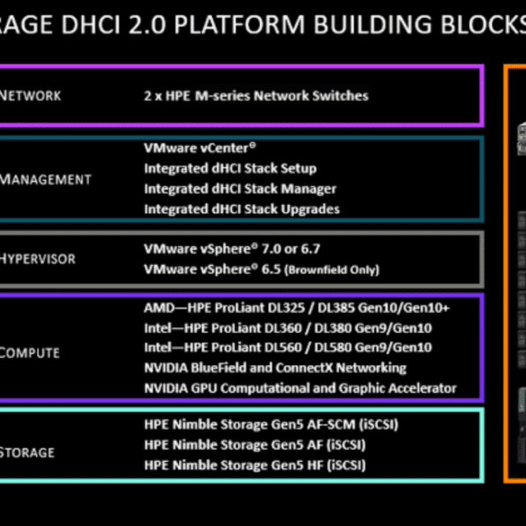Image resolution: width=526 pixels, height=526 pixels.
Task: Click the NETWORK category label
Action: point(31,96)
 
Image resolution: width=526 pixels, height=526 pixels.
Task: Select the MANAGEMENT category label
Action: point(45,180)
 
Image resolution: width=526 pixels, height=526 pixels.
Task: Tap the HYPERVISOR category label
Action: point(38,259)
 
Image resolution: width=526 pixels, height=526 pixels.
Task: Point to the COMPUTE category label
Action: point(30,352)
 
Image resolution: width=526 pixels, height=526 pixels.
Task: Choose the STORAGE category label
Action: point(27,452)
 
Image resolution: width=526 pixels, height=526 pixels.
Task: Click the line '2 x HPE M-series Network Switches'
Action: point(256,96)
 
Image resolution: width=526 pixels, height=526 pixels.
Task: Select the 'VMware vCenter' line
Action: point(200,148)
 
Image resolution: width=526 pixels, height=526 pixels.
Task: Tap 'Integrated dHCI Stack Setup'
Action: point(230,168)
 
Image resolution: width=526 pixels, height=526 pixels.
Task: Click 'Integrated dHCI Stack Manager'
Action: point(240,189)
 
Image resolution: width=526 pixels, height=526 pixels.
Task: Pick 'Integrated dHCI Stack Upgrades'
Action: point(242,210)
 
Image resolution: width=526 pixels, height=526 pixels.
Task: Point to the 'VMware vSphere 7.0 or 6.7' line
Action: point(232,249)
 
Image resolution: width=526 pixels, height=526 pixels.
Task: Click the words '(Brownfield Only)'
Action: point(332,270)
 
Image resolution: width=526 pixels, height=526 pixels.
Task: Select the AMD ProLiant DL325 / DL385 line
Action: point(297,308)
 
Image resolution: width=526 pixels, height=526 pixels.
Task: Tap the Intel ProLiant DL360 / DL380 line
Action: point(288,328)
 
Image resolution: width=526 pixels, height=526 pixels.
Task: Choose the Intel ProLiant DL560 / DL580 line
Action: point(288,348)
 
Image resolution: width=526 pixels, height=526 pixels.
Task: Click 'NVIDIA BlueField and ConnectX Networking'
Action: point(275,368)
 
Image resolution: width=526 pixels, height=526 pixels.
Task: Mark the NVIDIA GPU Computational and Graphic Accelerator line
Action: point(300,388)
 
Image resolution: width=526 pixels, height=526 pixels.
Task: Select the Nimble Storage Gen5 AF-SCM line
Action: point(271,424)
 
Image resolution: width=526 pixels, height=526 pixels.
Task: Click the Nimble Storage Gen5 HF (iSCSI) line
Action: point(255,465)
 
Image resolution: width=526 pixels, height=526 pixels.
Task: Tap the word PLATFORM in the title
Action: point(239,24)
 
